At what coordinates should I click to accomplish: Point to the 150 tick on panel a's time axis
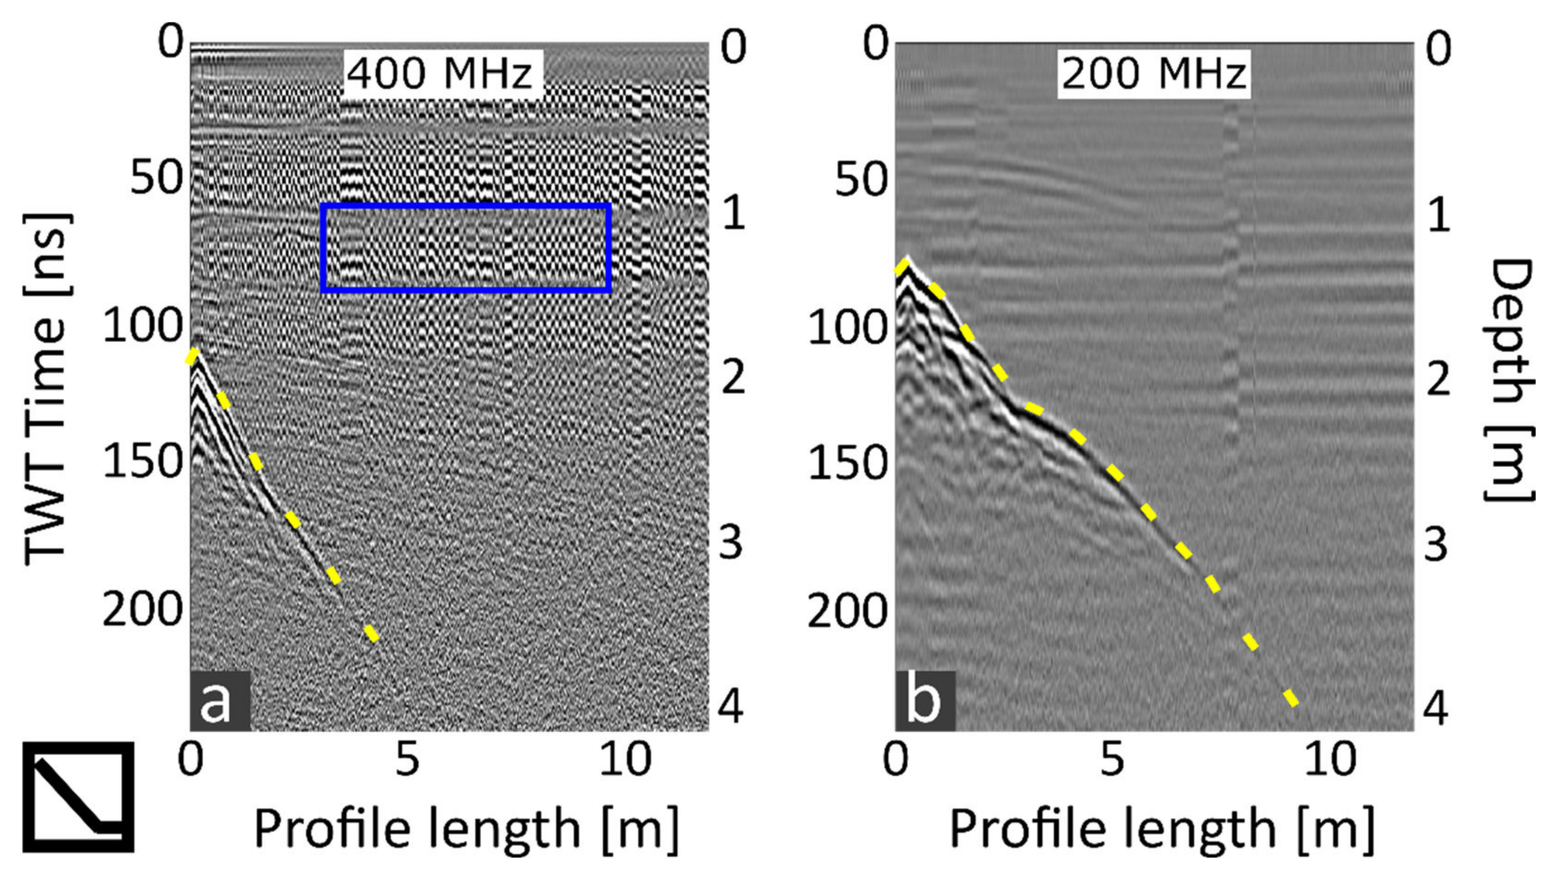(x=143, y=461)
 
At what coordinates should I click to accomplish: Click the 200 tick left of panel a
(x=143, y=610)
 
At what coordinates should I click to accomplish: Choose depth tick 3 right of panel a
(x=731, y=542)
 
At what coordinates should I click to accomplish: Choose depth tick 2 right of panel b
(x=1437, y=379)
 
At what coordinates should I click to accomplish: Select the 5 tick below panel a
(x=407, y=759)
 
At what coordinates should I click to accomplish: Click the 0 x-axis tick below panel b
(x=896, y=759)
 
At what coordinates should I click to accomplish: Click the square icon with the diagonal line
(x=78, y=796)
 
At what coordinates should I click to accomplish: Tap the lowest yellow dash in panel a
(x=371, y=633)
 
